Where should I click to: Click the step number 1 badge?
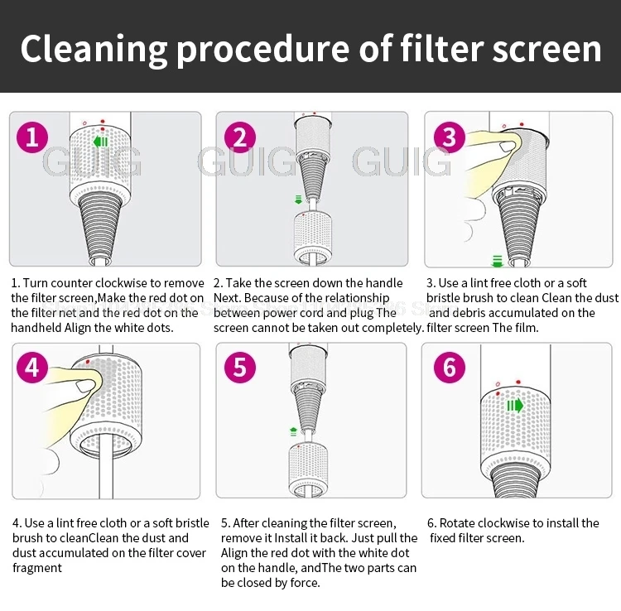pos(32,137)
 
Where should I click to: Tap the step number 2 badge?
pos(239,137)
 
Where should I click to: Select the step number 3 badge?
pos(449,137)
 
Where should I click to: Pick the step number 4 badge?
pos(32,367)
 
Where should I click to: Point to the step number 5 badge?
pos(239,367)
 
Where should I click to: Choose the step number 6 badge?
pos(449,367)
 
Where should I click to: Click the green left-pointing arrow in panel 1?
pos(101,142)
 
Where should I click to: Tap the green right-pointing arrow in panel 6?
pos(515,405)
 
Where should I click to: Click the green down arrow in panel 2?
pos(298,200)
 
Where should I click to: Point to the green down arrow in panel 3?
pos(498,260)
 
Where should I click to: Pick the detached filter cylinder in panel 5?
pos(308,470)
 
